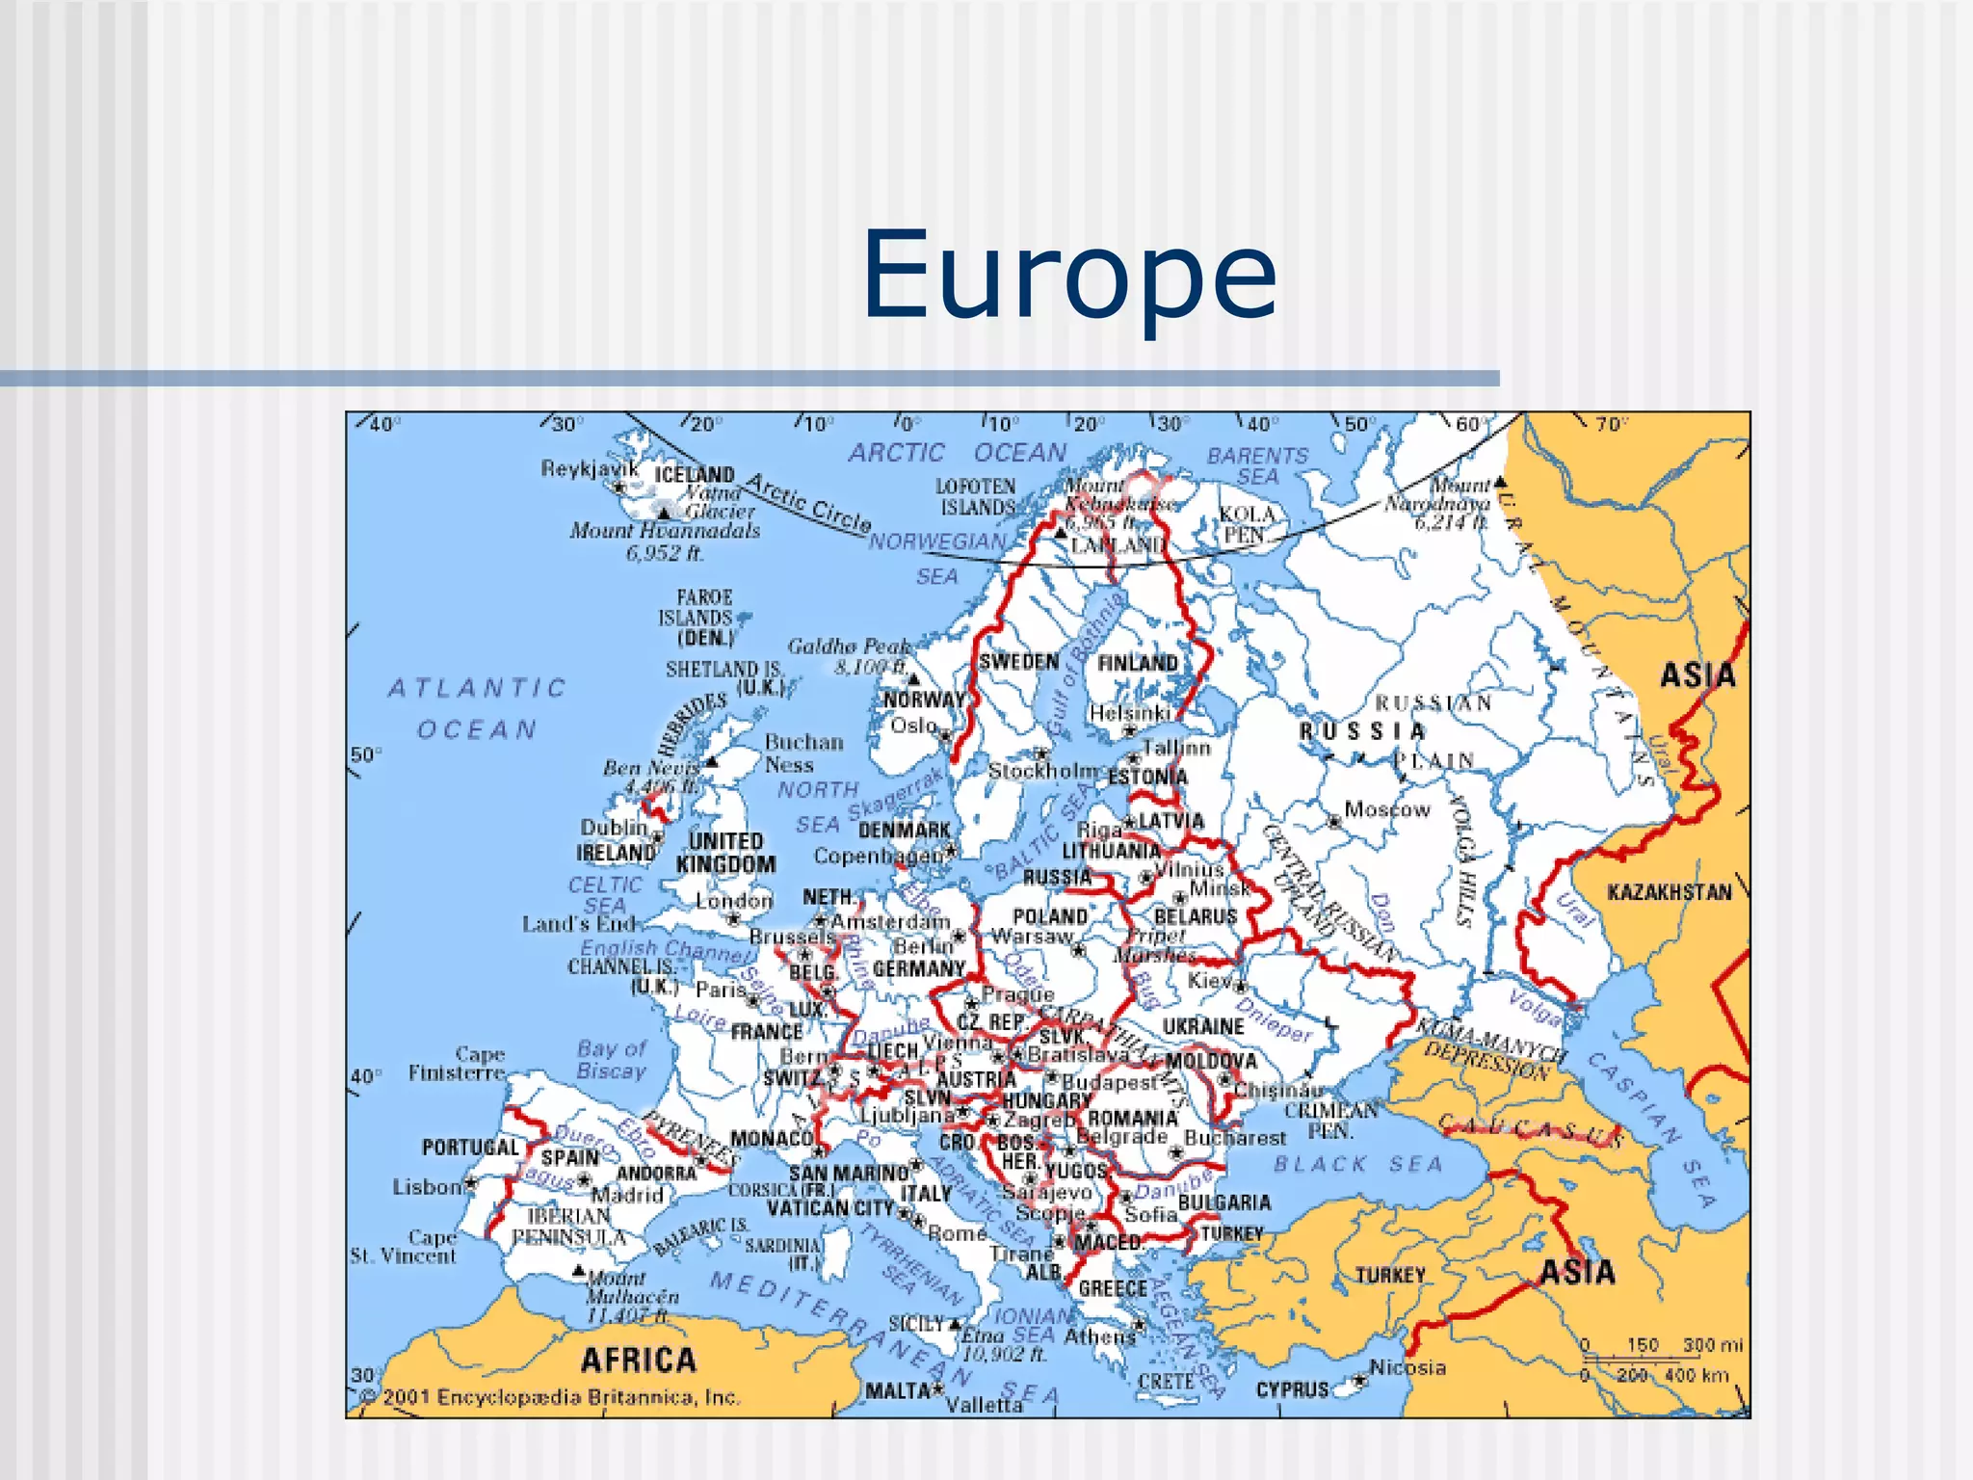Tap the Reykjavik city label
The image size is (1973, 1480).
(590, 468)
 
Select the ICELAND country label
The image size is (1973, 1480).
(695, 474)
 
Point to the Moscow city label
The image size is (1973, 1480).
(1387, 809)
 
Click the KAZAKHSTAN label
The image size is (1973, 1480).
(1670, 892)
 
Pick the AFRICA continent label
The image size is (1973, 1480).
(639, 1361)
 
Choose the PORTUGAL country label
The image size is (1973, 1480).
(470, 1148)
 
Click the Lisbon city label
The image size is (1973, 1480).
(427, 1187)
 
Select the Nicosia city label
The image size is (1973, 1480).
(1407, 1367)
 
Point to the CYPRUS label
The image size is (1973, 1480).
(1292, 1390)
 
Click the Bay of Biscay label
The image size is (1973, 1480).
(612, 1060)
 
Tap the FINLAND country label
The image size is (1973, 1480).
(1138, 663)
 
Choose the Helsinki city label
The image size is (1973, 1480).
(1130, 713)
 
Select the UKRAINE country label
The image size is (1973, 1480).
(1203, 1027)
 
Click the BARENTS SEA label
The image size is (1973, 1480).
(1258, 465)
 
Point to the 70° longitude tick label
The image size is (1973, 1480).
(1611, 424)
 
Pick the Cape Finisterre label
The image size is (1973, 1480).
(457, 1064)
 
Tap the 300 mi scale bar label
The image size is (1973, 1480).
(1713, 1345)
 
